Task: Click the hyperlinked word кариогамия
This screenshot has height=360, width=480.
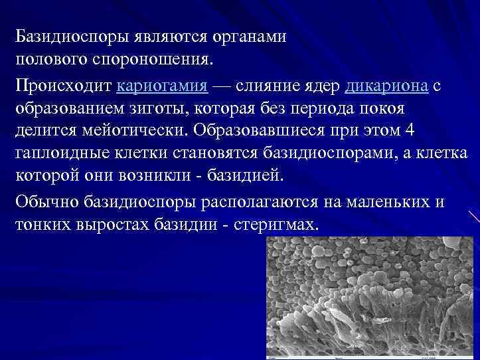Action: [x=162, y=86]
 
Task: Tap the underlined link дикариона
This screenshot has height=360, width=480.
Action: [x=388, y=86]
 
